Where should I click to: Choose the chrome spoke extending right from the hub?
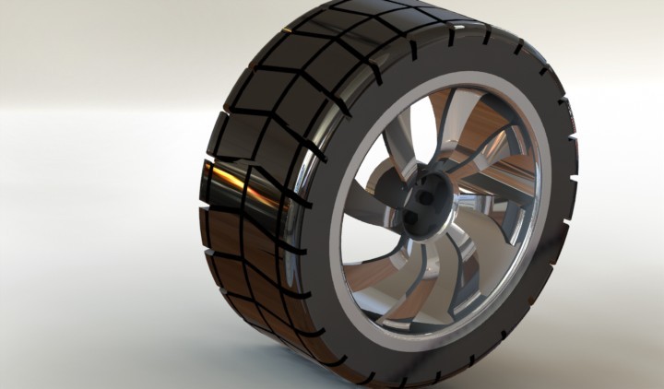click(x=498, y=198)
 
